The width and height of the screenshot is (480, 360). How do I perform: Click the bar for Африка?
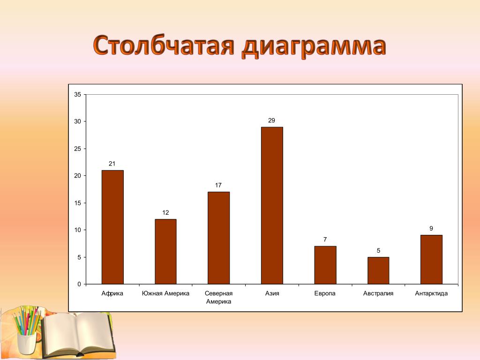pyautogui.click(x=112, y=227)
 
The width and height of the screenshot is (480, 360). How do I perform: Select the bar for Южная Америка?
pyautogui.click(x=165, y=252)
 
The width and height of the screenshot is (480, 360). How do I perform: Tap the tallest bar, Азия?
pyautogui.click(x=272, y=205)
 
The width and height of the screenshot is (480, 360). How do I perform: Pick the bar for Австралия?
pyautogui.click(x=378, y=270)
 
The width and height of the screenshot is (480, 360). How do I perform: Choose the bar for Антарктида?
pyautogui.click(x=432, y=260)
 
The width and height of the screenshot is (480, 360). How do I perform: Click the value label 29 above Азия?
pyautogui.click(x=271, y=120)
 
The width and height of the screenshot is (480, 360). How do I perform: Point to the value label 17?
pyautogui.click(x=218, y=185)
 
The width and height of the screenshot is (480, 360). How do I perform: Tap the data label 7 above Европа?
pyautogui.click(x=325, y=240)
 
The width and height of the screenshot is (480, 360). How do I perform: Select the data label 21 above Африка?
pyautogui.click(x=112, y=164)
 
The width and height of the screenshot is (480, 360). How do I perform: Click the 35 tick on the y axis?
pyautogui.click(x=78, y=95)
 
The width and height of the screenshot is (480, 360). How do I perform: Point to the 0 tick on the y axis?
pyautogui.click(x=79, y=284)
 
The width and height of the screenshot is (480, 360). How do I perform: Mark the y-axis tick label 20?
pyautogui.click(x=78, y=176)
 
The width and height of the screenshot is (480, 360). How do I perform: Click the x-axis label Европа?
pyautogui.click(x=325, y=293)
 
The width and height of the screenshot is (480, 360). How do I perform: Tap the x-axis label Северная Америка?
pyautogui.click(x=218, y=297)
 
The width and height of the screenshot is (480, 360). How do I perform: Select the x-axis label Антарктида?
pyautogui.click(x=431, y=293)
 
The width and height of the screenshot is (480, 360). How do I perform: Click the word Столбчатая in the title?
pyautogui.click(x=164, y=45)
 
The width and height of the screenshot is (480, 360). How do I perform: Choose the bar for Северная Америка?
pyautogui.click(x=219, y=238)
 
